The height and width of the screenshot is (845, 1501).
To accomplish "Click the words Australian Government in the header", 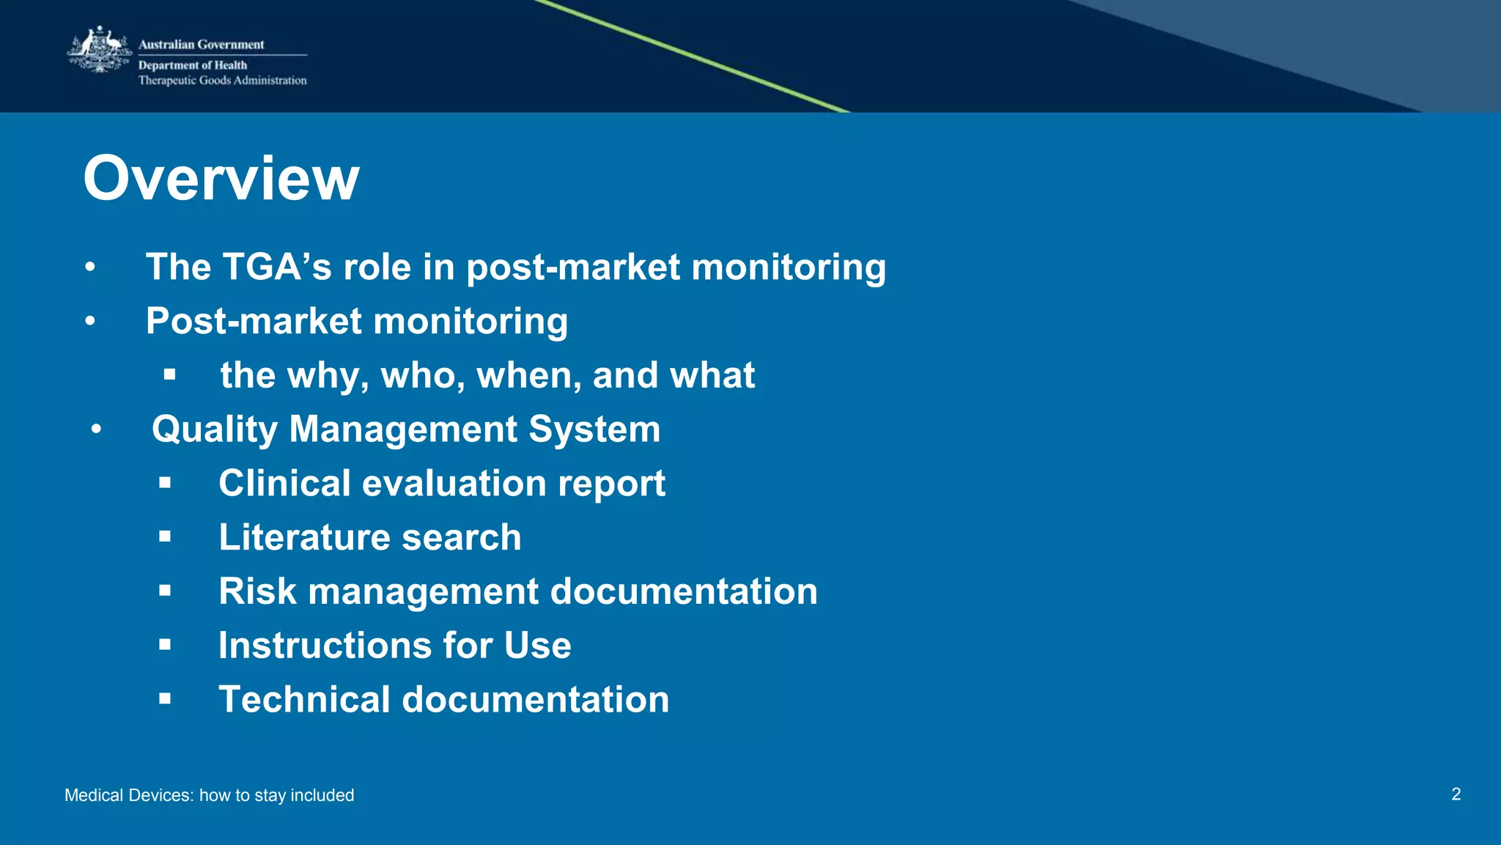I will [201, 45].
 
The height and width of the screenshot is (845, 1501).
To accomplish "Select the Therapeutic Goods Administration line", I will [222, 81].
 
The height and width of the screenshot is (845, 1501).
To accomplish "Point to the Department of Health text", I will [192, 65].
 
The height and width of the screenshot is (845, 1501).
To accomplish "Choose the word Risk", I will [257, 591].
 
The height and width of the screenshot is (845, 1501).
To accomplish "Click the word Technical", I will [304, 699].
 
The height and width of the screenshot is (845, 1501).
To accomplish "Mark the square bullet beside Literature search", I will [165, 536].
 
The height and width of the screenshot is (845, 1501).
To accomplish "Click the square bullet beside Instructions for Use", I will [165, 644].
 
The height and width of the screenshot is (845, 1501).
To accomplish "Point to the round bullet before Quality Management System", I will [96, 429].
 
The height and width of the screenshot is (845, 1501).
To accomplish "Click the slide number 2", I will [1456, 794].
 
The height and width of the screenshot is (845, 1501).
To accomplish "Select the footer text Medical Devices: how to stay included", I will [209, 795].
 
